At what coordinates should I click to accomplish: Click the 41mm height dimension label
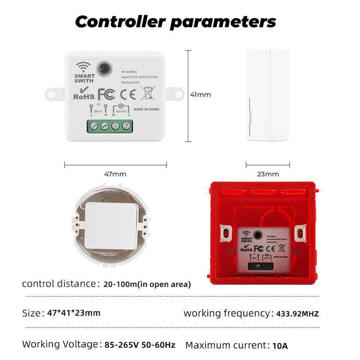(200, 94)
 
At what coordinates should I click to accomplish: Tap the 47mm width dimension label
(115, 174)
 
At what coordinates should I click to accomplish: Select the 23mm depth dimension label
(268, 174)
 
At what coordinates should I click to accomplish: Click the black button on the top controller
(105, 68)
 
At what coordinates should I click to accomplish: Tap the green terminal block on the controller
(110, 126)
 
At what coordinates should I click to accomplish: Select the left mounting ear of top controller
(53, 94)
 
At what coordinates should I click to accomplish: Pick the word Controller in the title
(120, 22)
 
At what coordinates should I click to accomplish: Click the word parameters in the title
(223, 22)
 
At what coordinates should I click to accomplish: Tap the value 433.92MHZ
(297, 314)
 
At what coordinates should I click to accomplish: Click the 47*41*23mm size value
(74, 313)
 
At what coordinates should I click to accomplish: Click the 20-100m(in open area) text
(147, 284)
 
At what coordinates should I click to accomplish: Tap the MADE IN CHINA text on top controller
(146, 109)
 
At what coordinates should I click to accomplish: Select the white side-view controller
(268, 95)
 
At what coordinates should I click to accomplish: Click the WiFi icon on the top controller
(83, 67)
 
